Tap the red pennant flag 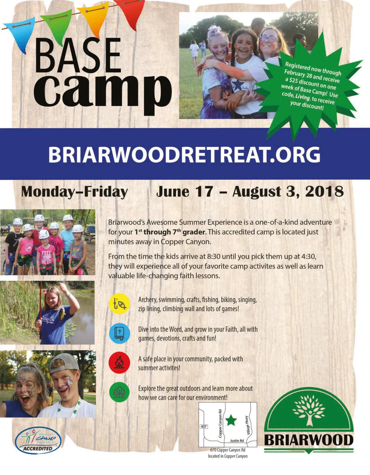pyautogui.click(x=131, y=12)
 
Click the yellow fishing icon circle pyautogui.click(x=119, y=304)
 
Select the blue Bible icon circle pyautogui.click(x=119, y=333)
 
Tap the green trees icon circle pyautogui.click(x=119, y=392)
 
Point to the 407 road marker pyautogui.click(x=203, y=427)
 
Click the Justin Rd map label pyautogui.click(x=237, y=441)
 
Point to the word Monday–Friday pyautogui.click(x=74, y=192)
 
